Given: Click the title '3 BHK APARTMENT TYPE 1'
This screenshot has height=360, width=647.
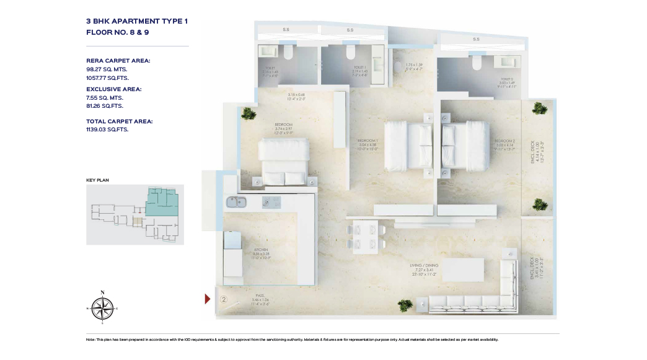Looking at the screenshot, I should click(x=136, y=21).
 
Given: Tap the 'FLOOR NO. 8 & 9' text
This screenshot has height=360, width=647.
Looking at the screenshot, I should click(x=117, y=32).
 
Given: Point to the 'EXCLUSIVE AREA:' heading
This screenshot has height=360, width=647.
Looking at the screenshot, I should click(x=114, y=89).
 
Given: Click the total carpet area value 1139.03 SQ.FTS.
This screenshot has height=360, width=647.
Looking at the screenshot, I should click(x=108, y=130).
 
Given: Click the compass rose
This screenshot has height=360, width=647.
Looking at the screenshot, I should click(x=102, y=307).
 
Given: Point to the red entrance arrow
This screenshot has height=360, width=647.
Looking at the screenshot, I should click(x=208, y=299).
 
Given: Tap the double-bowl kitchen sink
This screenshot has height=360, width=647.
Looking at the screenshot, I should click(x=236, y=202).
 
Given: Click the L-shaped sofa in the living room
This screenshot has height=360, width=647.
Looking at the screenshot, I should click(x=483, y=291).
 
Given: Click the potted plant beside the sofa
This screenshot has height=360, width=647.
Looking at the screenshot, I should click(x=405, y=305).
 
